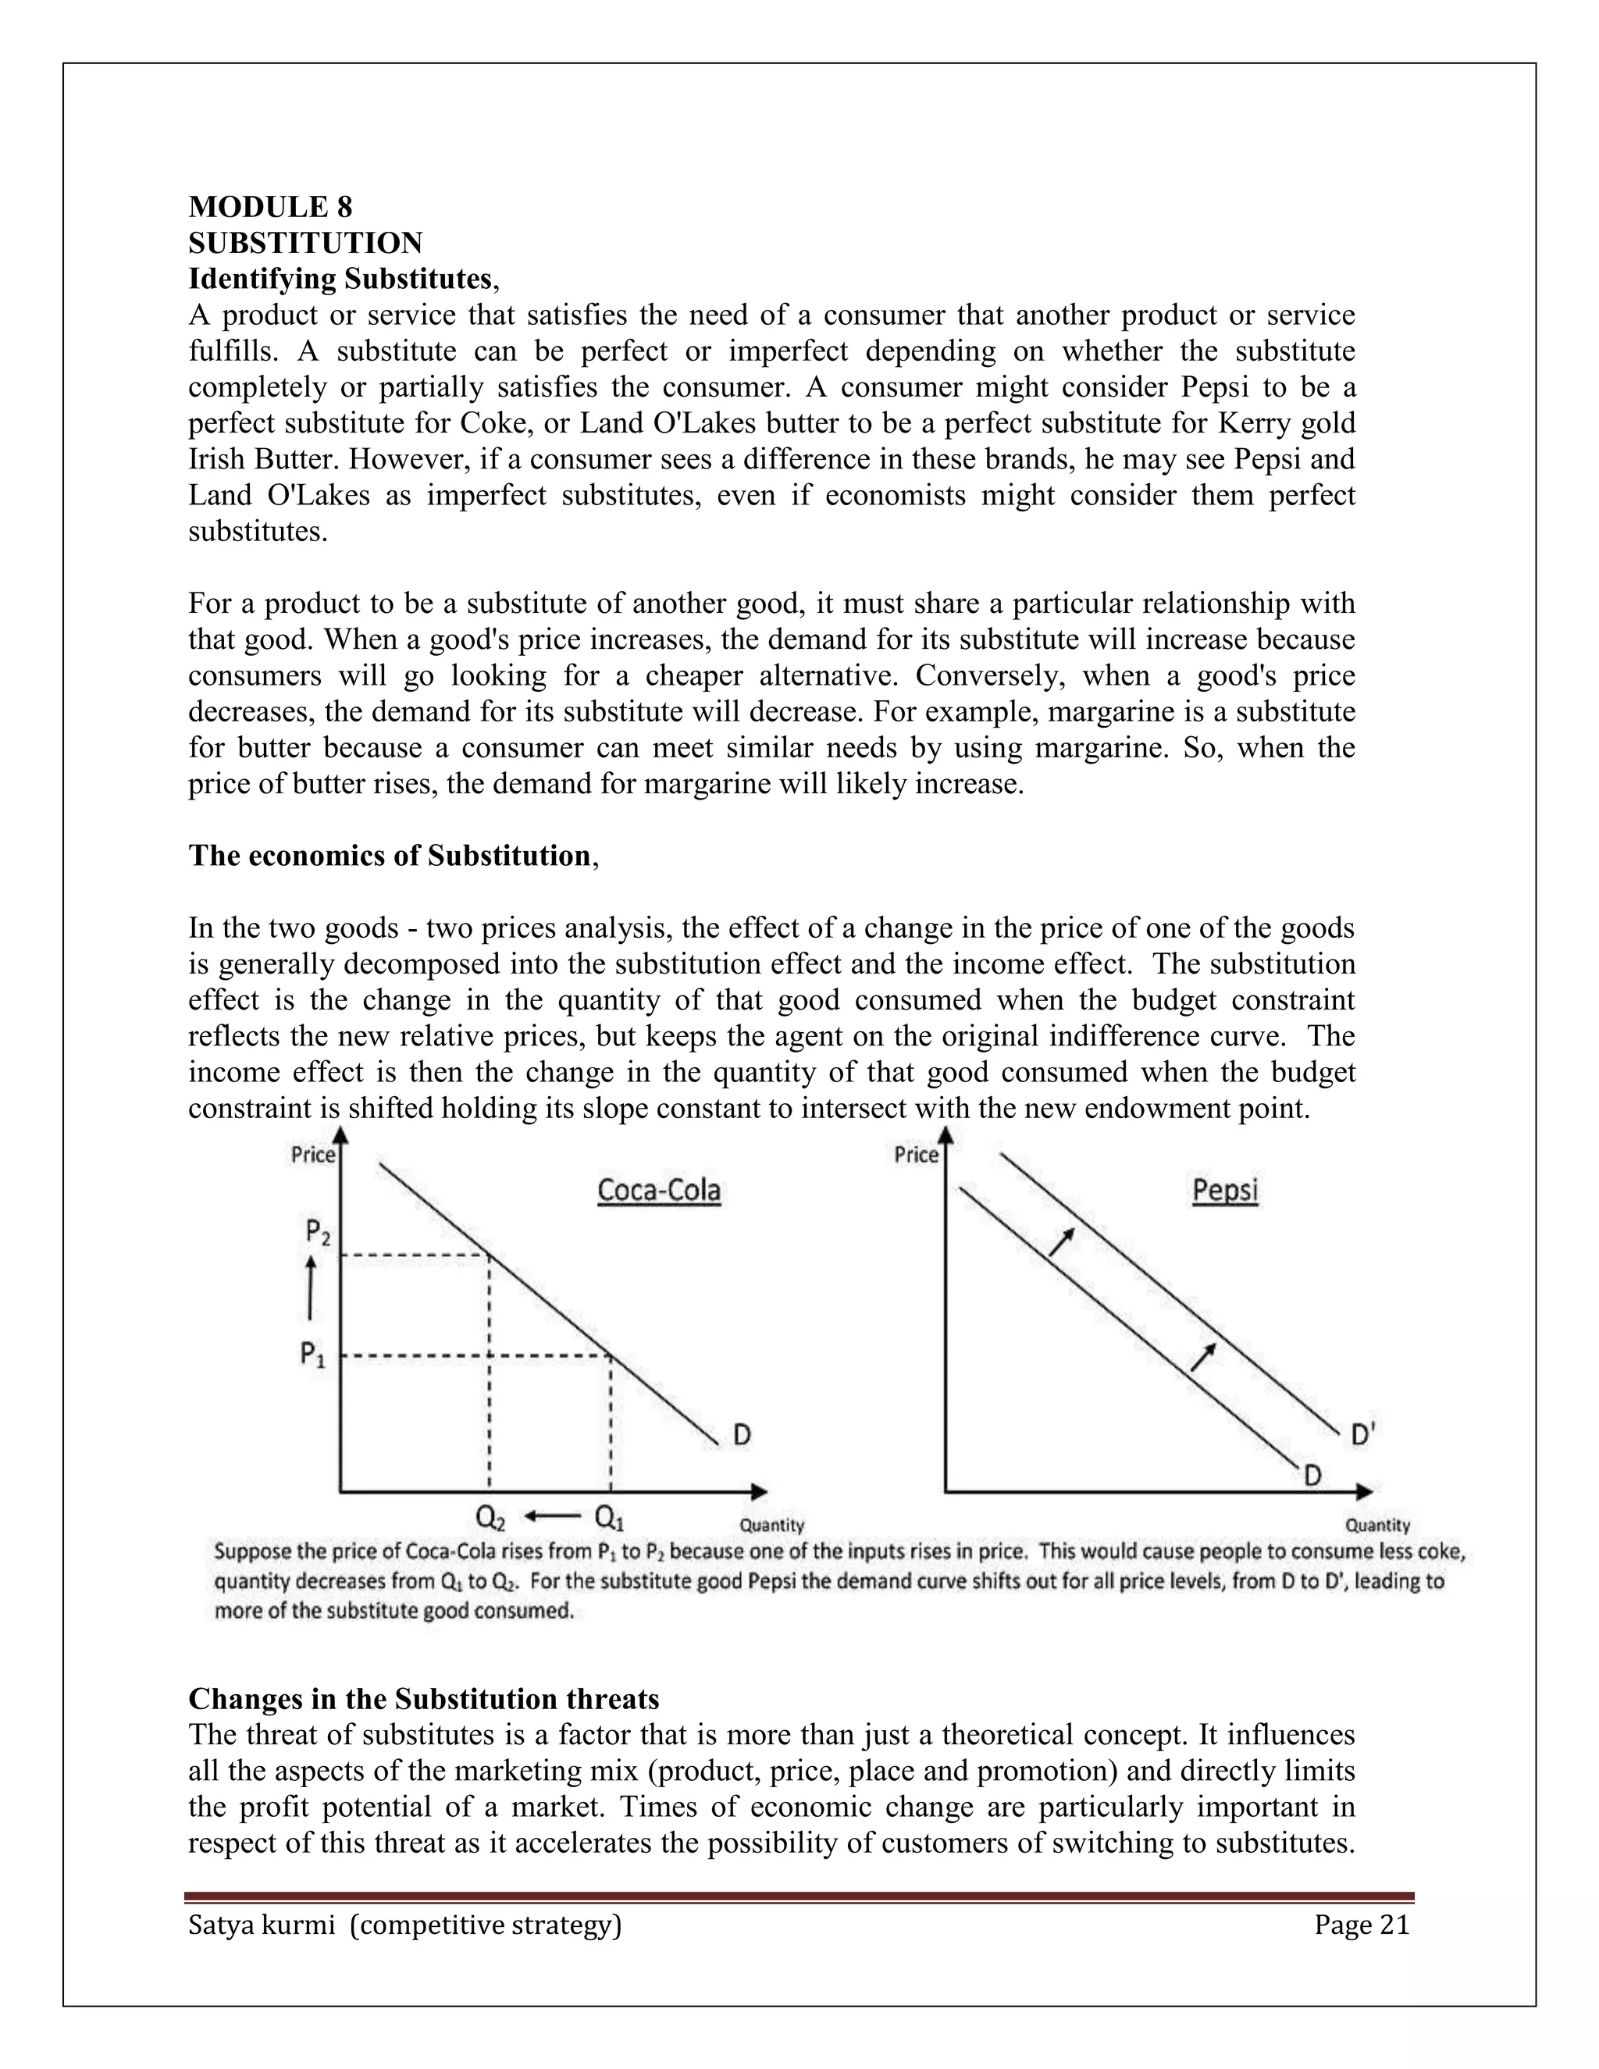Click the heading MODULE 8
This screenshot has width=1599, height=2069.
pos(270,207)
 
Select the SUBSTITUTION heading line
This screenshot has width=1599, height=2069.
pos(305,244)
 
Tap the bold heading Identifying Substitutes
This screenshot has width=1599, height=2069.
pos(340,280)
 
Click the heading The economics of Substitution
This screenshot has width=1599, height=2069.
pos(390,856)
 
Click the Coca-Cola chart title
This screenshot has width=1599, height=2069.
pos(658,1190)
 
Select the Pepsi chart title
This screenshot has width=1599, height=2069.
pos(1224,1190)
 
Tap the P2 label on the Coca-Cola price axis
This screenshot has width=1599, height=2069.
pos(317,1231)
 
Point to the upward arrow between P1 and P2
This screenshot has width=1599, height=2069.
pos(310,1293)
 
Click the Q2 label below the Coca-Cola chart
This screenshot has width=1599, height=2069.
pos(490,1519)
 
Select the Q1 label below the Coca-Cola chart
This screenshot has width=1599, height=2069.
pos(609,1519)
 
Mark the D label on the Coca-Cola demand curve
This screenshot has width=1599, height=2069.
pos(742,1435)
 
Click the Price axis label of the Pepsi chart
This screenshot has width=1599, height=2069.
pos(915,1155)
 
